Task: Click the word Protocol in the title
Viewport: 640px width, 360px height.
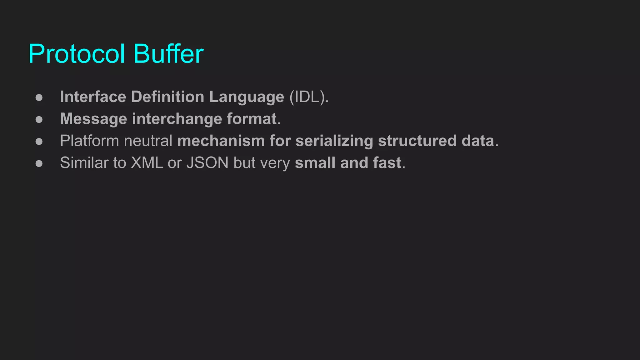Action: click(x=77, y=54)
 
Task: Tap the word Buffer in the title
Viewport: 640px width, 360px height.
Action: click(x=168, y=54)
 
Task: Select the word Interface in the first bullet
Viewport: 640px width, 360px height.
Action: click(x=93, y=97)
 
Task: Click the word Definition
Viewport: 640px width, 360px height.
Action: click(x=167, y=97)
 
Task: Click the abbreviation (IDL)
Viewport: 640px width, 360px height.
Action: click(x=308, y=97)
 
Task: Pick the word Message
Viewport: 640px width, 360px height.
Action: click(x=93, y=119)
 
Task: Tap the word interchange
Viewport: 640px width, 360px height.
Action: click(x=177, y=119)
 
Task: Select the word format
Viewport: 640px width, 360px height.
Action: click(x=252, y=119)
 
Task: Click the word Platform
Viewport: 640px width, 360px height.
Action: click(x=89, y=141)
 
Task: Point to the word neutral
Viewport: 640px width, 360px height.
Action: click(x=148, y=141)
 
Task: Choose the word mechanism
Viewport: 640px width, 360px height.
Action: click(x=221, y=141)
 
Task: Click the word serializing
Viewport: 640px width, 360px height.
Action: click(x=334, y=141)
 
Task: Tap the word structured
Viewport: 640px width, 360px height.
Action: click(x=417, y=141)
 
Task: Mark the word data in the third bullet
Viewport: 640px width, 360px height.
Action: click(x=478, y=141)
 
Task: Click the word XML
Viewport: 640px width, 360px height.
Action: click(x=147, y=163)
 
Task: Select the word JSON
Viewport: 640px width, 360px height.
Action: click(x=207, y=163)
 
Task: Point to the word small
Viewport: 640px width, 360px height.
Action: click(x=315, y=163)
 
